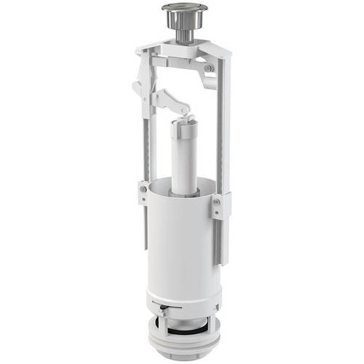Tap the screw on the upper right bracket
209,68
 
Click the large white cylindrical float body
182,240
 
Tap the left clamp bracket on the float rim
144,192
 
